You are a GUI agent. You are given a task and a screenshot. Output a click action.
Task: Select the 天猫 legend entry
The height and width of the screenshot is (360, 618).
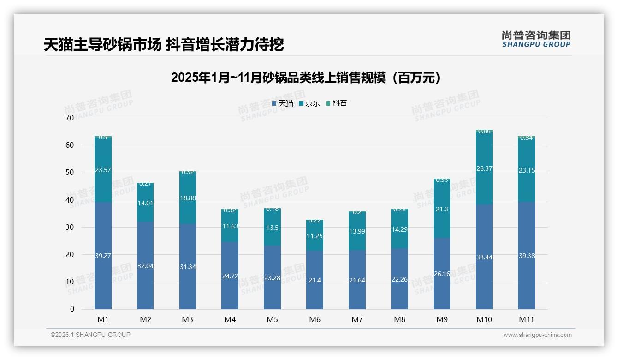pos(283,103)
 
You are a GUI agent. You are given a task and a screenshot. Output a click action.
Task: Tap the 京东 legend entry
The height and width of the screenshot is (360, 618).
pos(309,103)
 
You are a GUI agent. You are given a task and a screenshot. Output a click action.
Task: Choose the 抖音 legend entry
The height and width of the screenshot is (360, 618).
pos(337,103)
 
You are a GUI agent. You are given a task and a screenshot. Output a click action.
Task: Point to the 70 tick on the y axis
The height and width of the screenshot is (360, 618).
pos(70,118)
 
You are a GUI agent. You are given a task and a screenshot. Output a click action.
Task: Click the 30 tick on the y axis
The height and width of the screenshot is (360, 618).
pos(70,227)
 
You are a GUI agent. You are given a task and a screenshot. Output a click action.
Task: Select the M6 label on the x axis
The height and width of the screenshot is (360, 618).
pos(315,319)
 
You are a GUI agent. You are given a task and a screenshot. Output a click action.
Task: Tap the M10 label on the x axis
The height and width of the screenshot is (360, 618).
pos(484,319)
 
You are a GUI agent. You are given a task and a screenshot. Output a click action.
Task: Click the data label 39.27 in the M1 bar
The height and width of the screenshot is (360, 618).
pos(103,256)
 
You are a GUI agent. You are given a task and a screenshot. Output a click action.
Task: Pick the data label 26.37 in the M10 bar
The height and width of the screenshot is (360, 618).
pos(484,169)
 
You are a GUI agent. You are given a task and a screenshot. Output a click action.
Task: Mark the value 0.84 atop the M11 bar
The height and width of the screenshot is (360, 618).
pos(527,138)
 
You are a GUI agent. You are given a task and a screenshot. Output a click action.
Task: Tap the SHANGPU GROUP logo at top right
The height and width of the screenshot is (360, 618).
pos(536,39)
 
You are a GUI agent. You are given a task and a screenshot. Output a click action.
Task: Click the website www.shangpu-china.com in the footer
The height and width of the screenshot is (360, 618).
pos(537,335)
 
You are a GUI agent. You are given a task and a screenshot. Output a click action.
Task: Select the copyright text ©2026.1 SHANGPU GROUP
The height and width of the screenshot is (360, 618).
pos(90,335)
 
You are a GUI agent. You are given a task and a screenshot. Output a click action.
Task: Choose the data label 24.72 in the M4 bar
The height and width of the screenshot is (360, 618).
pos(230,276)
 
